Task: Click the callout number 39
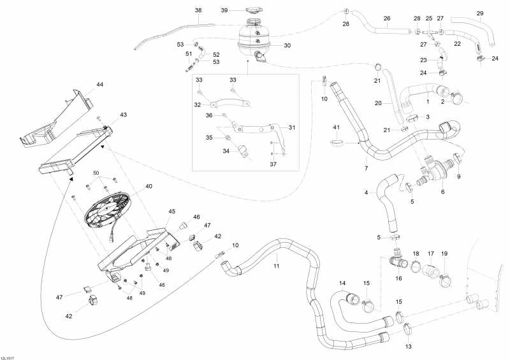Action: coord(224,10)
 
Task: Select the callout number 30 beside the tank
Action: coord(287,45)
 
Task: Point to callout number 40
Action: coord(149,187)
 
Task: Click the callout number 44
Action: coord(99,85)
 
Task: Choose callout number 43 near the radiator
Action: coord(123,115)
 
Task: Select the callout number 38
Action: coord(198,11)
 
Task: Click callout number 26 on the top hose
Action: coord(386,18)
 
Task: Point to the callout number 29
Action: coord(480,13)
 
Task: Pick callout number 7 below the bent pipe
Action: coord(366,168)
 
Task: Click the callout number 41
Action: coord(337,128)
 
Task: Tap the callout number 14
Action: coord(342,283)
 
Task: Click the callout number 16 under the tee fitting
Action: coord(400,278)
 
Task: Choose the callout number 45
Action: coord(171,211)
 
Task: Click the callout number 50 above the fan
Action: coord(96,173)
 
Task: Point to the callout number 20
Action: coord(377,103)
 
